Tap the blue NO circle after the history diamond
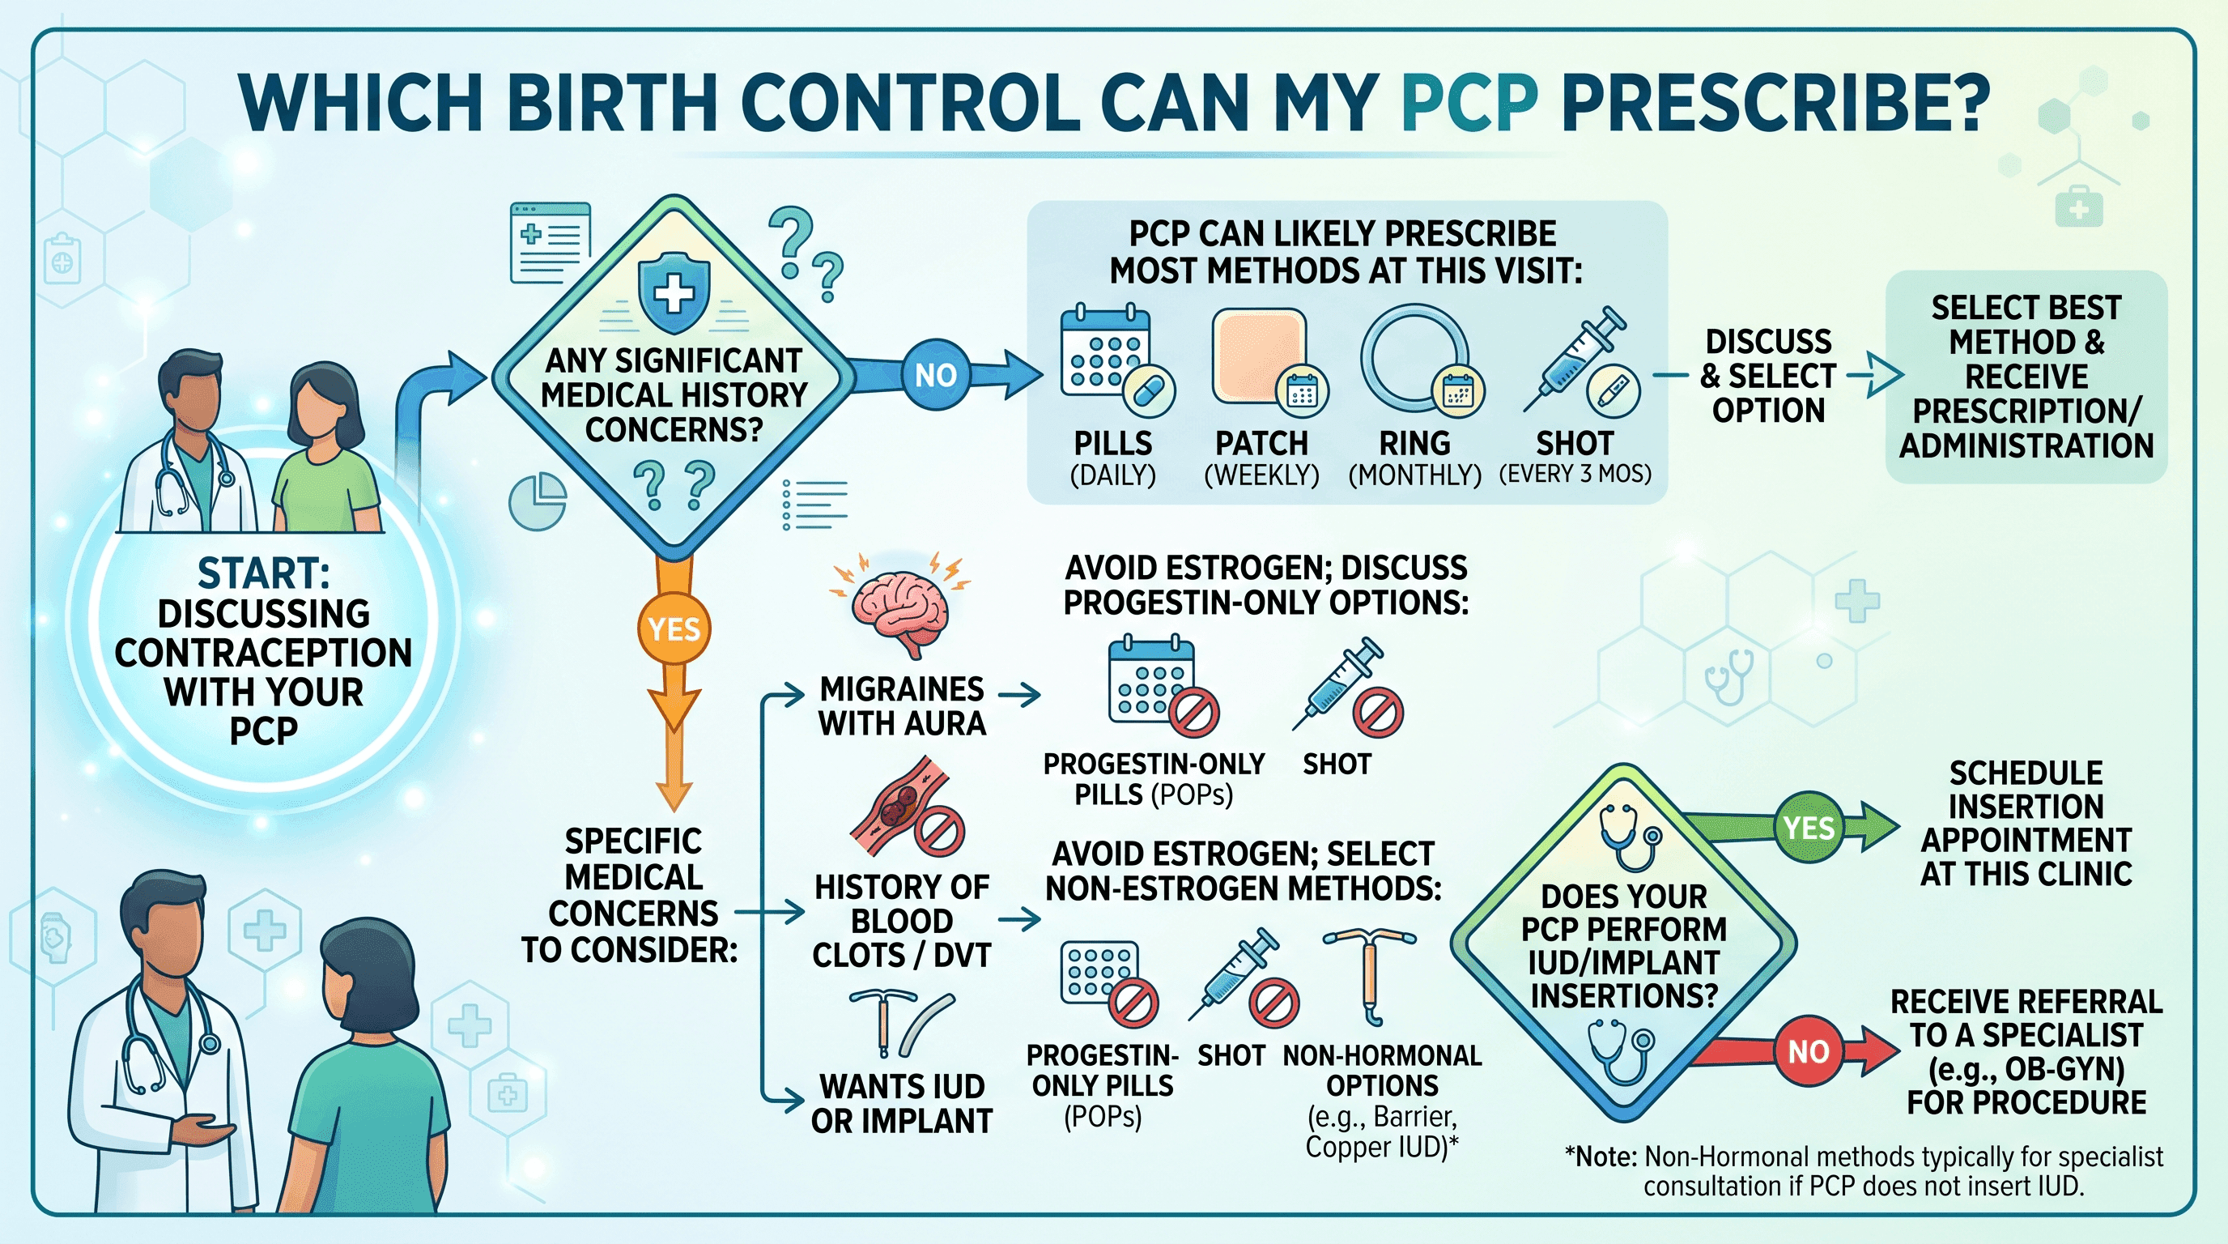[935, 375]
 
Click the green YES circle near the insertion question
[1809, 827]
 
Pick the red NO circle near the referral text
[1809, 1051]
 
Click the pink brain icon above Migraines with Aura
[900, 606]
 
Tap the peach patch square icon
[1259, 356]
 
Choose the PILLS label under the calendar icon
[1112, 443]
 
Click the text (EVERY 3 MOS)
[1575, 474]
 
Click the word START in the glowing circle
[263, 573]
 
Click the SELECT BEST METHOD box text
[2026, 377]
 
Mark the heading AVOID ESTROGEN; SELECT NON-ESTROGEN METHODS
[1243, 871]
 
